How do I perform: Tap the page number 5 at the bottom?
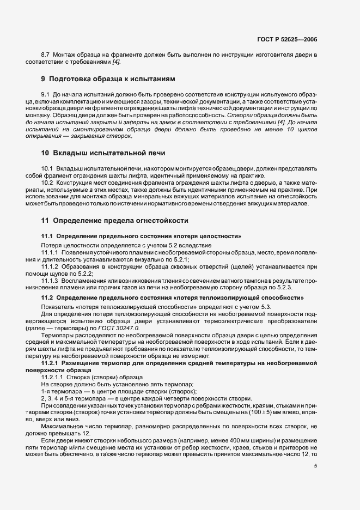[x=315, y=465]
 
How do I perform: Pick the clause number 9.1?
[x=46, y=94]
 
